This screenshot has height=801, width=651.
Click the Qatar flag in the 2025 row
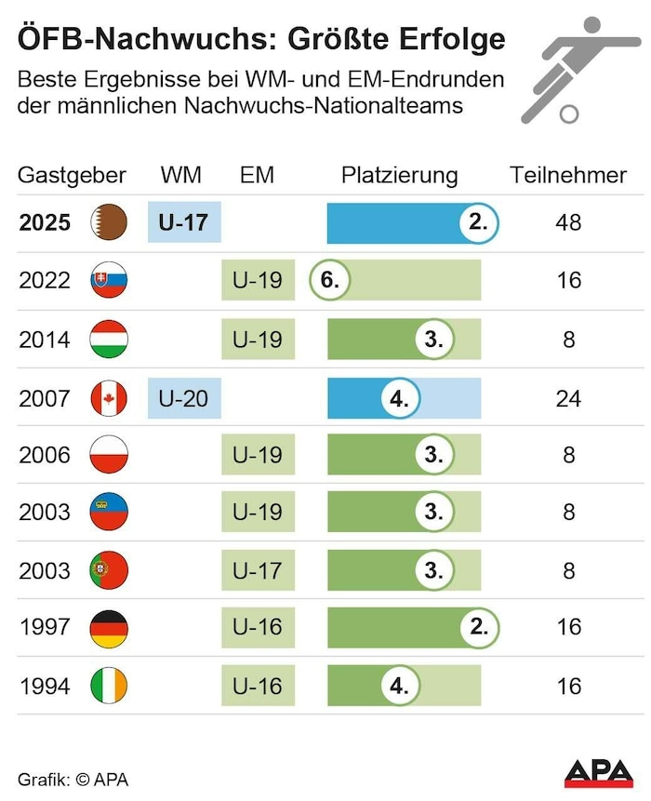[x=109, y=223]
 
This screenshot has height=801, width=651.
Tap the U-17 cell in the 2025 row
[x=184, y=223]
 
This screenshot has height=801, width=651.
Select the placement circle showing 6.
[x=328, y=280]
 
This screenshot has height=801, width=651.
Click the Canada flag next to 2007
[x=109, y=398]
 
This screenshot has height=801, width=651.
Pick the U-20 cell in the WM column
[x=184, y=398]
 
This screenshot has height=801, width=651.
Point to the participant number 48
[x=568, y=223]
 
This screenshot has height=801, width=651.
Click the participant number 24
[x=568, y=398]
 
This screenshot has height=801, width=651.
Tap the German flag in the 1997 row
[x=109, y=628]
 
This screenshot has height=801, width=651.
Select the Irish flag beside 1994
[x=109, y=687]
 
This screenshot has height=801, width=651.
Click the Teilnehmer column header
[x=568, y=175]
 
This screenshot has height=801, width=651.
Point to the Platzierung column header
[x=399, y=175]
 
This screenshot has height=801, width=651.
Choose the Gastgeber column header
[x=72, y=175]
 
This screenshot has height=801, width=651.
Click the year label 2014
[x=45, y=340]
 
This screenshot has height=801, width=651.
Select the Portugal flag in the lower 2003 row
[x=109, y=570]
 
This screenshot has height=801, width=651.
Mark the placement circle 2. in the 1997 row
[x=479, y=628]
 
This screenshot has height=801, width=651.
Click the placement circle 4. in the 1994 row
[x=400, y=687]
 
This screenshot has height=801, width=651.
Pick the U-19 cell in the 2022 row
[x=258, y=280]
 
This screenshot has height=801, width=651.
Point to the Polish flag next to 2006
[x=109, y=456]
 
